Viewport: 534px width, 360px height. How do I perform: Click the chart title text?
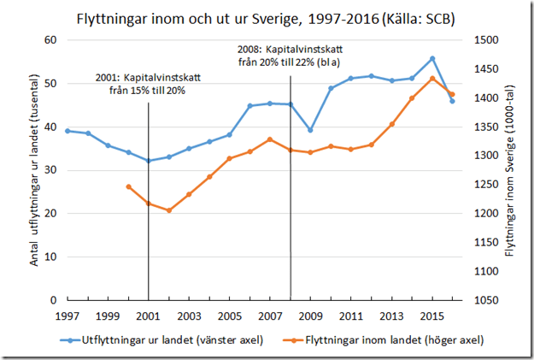coord(267,17)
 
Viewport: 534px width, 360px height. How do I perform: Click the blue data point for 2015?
coord(432,58)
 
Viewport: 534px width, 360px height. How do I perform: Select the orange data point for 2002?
coord(169,210)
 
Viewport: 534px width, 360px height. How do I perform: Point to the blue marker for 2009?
coord(310,130)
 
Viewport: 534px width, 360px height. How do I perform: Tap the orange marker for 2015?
coord(432,78)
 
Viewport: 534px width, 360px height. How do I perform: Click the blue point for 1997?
coord(67,131)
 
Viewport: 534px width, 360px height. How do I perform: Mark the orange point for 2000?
coord(128,186)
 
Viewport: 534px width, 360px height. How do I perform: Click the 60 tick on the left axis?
coord(50,40)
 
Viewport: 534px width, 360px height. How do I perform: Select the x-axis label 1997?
coord(67,316)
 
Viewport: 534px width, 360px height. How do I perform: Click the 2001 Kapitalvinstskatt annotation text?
coord(148,84)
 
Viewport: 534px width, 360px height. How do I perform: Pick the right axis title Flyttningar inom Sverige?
coord(510,171)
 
